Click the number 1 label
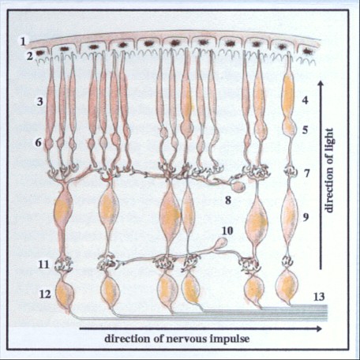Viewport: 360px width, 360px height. [23, 42]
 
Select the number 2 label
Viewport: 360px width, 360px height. [29, 56]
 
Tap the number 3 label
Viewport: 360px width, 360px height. [39, 101]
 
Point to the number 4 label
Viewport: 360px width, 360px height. [305, 100]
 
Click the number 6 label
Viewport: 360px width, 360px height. [39, 143]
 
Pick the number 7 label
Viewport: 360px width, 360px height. [306, 174]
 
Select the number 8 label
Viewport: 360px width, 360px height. [228, 201]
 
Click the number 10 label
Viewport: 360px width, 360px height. [227, 231]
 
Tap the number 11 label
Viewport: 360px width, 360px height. [44, 264]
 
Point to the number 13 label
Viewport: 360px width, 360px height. [319, 297]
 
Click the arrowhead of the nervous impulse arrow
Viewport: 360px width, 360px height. [318, 328]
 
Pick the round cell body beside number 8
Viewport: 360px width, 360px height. [238, 186]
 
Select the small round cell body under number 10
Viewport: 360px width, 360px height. [223, 242]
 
